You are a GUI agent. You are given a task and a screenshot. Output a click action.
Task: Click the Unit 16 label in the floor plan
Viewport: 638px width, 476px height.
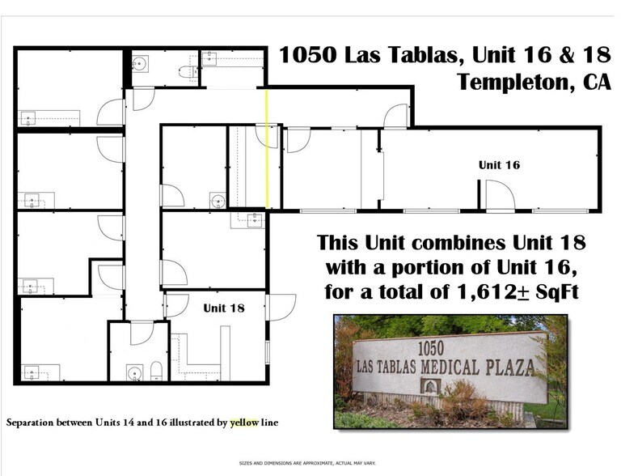[x=498, y=164]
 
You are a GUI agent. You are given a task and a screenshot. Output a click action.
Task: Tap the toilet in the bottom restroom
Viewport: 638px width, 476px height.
[x=156, y=372]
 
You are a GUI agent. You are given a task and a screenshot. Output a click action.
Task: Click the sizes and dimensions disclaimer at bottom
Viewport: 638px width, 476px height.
[x=319, y=463]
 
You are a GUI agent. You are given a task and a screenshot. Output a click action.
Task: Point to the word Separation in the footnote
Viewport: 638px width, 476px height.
[x=32, y=423]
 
